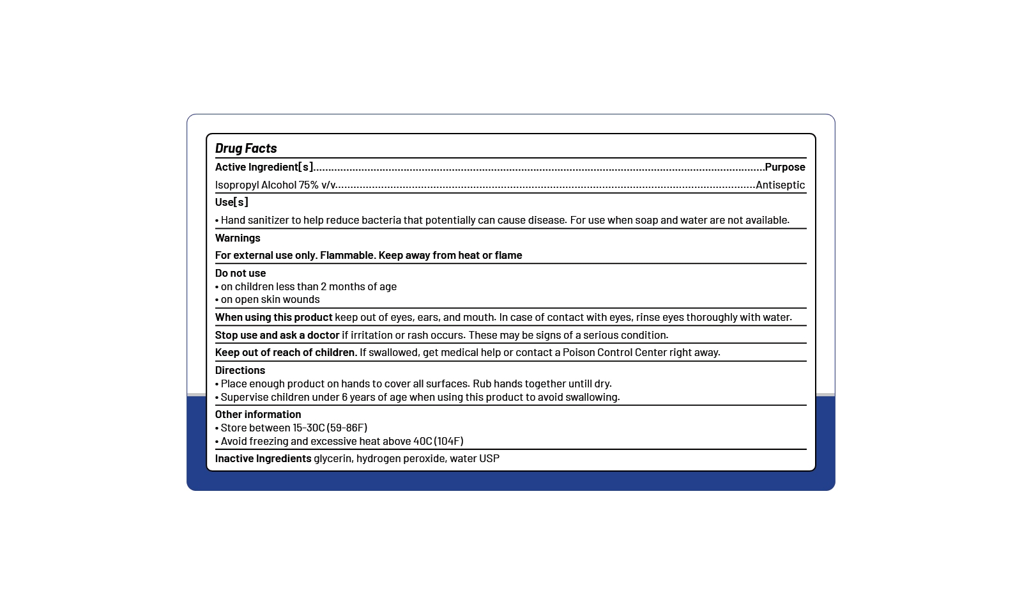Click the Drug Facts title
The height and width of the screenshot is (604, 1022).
click(246, 148)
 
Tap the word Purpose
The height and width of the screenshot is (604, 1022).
click(785, 167)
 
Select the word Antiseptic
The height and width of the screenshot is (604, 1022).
click(780, 185)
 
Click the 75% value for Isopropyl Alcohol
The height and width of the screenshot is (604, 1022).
click(309, 185)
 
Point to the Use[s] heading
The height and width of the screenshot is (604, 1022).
click(231, 202)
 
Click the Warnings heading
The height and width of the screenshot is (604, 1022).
click(238, 238)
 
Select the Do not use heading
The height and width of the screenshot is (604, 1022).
click(240, 273)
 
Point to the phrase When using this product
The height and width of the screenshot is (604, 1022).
click(273, 317)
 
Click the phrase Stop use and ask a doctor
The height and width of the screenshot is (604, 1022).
click(277, 335)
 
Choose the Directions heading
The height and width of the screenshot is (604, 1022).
click(240, 370)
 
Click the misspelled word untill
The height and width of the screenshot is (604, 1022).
click(580, 383)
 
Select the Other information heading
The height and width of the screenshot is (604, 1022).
click(257, 414)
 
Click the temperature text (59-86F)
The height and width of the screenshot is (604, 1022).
click(347, 428)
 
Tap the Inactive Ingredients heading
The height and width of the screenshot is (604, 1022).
click(263, 458)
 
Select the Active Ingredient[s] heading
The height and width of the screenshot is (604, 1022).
click(264, 167)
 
